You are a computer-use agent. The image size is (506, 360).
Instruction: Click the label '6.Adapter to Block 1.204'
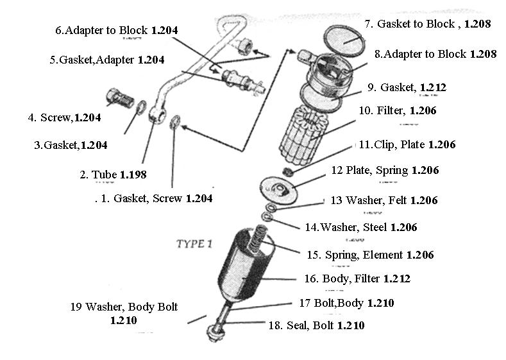117,30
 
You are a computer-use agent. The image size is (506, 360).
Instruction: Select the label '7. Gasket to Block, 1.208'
428,24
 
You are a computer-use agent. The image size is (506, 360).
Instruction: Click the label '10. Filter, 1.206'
398,111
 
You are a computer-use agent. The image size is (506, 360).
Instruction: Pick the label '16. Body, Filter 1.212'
357,279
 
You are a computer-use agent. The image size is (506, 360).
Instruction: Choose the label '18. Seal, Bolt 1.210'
316,326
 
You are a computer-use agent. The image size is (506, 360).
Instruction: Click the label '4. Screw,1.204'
64,117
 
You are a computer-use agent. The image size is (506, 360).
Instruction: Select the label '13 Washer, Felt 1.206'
384,201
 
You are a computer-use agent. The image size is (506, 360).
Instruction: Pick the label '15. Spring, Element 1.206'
370,255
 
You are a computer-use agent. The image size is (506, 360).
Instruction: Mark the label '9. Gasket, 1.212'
407,87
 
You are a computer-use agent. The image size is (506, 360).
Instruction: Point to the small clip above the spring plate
289,171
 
